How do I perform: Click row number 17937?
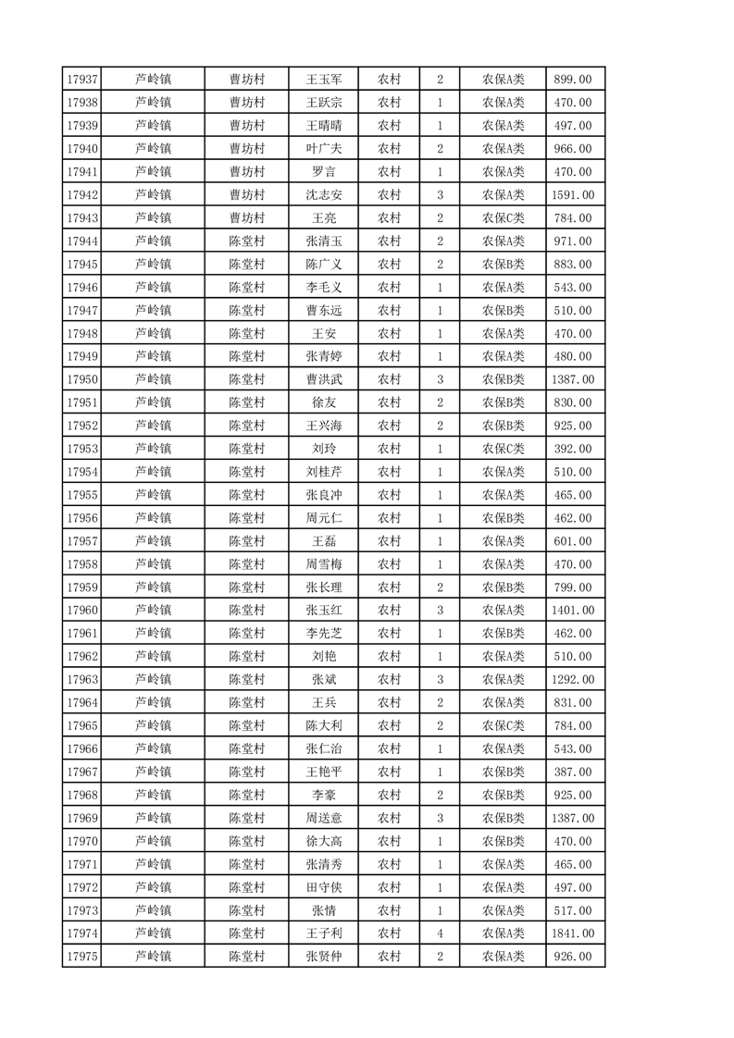[83, 80]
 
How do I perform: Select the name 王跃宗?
[324, 103]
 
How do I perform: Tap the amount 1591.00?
[572, 195]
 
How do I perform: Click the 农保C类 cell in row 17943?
[503, 218]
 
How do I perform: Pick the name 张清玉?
[324, 241]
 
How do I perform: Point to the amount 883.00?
[572, 265]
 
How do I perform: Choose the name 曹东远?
[324, 311]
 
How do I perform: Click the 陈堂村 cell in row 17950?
[247, 379]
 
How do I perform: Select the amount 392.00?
[572, 449]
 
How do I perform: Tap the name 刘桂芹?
[324, 472]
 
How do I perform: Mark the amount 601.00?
[572, 541]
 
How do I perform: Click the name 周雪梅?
[324, 564]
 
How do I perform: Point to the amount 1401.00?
[572, 611]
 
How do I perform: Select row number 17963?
[83, 680]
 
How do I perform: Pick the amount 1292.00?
[572, 680]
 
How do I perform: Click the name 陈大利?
[324, 726]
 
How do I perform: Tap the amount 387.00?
[572, 772]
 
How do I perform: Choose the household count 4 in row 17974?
[440, 933]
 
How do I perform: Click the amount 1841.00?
[572, 933]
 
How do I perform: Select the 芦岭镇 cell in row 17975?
[154, 957]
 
